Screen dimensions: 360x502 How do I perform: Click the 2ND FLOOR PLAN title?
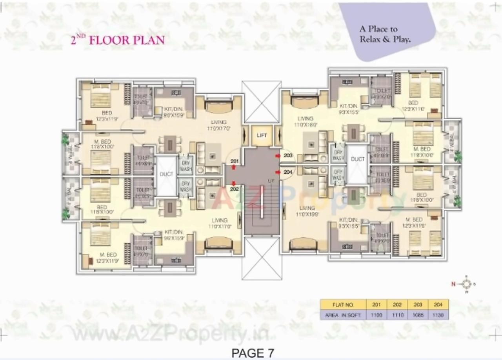point(117,40)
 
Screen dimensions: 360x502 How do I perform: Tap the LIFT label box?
point(262,135)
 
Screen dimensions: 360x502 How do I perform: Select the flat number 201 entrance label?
point(235,161)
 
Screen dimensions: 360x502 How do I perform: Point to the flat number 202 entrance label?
point(235,188)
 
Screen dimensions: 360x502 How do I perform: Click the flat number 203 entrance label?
point(288,156)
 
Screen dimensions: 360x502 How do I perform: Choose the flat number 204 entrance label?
point(288,172)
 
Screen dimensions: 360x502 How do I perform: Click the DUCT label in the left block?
point(166,174)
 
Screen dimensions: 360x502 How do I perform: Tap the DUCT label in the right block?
point(357,159)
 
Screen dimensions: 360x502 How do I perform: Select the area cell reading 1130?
point(438,315)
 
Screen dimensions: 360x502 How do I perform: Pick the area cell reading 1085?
point(418,315)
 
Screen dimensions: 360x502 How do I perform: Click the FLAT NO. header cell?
point(343,305)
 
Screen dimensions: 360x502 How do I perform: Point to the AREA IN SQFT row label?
point(343,315)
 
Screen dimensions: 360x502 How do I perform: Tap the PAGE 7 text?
point(253,353)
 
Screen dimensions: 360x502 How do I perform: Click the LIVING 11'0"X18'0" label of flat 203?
point(305,122)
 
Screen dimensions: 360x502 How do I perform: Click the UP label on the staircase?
point(270,181)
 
